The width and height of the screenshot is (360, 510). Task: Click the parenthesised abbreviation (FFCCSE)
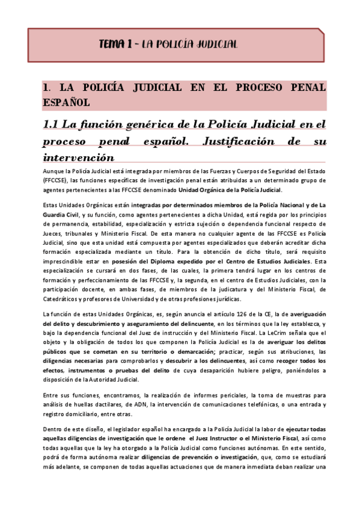pyautogui.click(x=55, y=180)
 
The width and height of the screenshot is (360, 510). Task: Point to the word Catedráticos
pyautogui.click(x=64, y=298)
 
